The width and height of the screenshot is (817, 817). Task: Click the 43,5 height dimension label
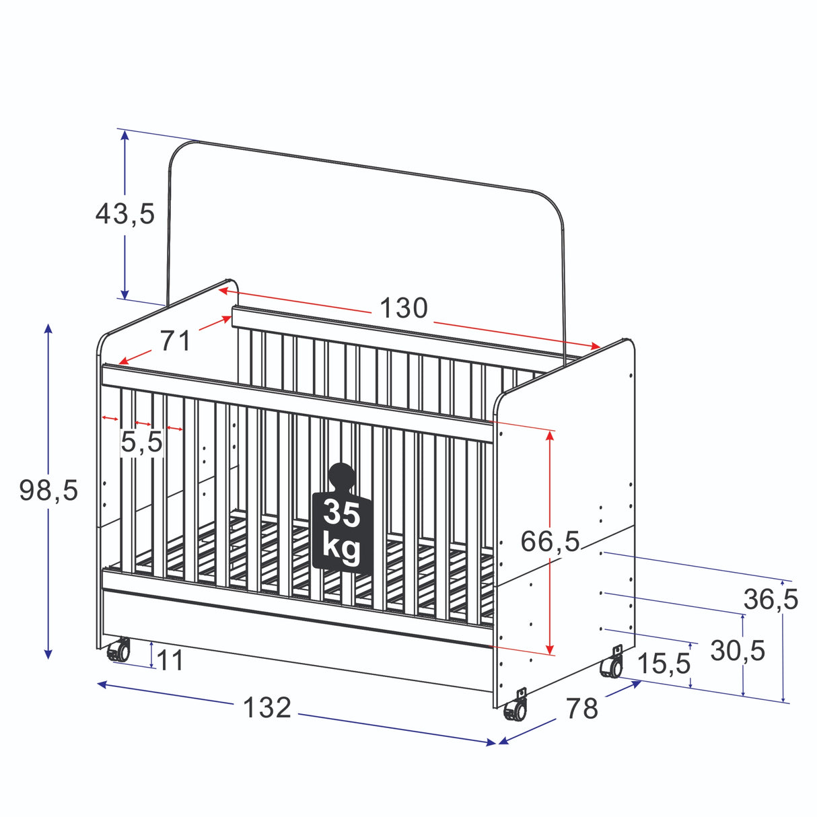coord(125,214)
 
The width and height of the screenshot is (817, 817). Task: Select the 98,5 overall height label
coord(48,491)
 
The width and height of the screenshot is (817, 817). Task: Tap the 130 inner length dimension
coord(403,308)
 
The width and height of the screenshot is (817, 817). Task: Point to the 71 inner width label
coord(176,341)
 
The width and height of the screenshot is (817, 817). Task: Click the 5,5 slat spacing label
coord(141,441)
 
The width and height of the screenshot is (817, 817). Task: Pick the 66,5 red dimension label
coord(550,541)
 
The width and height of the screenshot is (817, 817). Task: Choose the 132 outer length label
coord(267,707)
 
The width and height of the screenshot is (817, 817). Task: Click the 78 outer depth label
coord(582,708)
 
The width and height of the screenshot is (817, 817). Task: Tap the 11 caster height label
coord(170,660)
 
